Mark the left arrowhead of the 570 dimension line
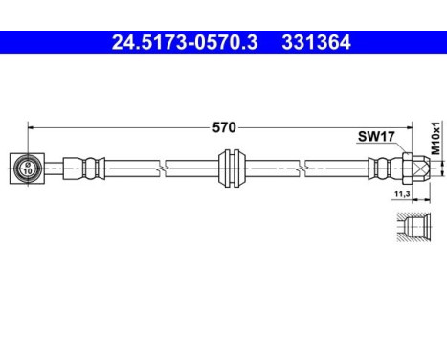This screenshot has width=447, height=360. [x=32, y=125]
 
